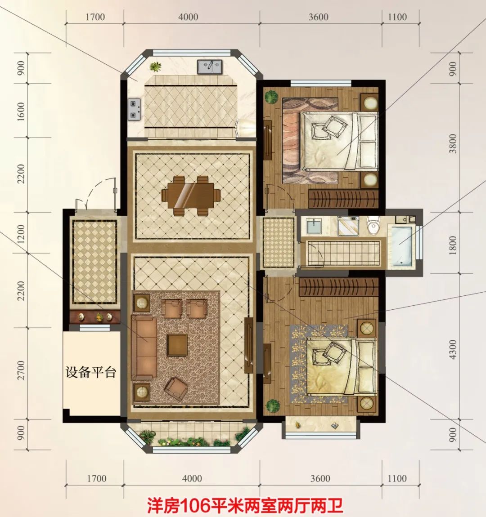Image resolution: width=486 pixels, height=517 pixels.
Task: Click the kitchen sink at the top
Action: coord(210,67)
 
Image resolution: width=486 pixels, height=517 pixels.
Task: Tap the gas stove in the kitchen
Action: coord(135,109)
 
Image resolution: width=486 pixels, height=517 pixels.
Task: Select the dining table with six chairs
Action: coord(191,196)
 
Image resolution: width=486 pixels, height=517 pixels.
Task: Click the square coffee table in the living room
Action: coord(177,345)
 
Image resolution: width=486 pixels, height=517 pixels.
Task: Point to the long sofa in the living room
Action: coord(144,348)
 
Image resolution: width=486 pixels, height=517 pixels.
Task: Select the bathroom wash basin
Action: coord(313,226)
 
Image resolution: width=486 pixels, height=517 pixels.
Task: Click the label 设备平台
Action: coord(91,373)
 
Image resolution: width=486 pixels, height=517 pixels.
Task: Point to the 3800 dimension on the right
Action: coord(453,143)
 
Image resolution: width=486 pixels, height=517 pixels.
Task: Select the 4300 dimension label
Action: coord(453,349)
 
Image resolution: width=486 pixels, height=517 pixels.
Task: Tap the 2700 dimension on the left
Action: coord(21,370)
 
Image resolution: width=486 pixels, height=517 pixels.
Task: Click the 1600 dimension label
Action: coord(21,111)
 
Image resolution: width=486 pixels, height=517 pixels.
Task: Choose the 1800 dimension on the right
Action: coord(453,245)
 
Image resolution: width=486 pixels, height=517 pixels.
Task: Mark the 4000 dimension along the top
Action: coord(189,17)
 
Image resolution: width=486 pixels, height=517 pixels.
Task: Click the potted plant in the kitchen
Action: coord(156,67)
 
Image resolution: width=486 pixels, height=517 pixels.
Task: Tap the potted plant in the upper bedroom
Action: coord(272,97)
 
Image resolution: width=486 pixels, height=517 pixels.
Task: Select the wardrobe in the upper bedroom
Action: coord(343,199)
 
